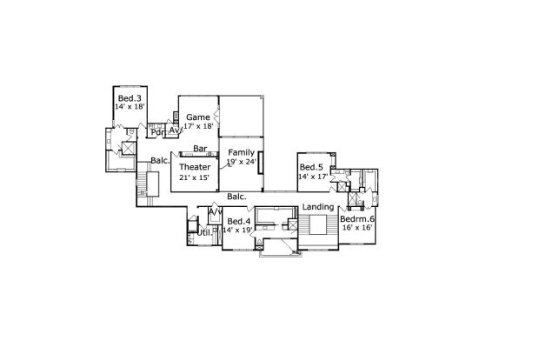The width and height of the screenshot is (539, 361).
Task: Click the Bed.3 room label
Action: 130,98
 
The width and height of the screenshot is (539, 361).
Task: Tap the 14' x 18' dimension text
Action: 130,107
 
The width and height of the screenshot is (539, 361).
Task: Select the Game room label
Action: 198,117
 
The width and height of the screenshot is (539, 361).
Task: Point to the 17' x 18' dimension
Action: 199,126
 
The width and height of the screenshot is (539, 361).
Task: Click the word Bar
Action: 200,149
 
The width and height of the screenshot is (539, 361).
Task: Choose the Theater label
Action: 195,167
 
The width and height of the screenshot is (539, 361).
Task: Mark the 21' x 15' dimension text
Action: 194,177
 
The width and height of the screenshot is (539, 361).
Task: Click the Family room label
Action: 242,152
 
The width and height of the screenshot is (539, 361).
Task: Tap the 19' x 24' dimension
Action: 242,162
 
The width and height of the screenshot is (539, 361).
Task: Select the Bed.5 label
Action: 311,167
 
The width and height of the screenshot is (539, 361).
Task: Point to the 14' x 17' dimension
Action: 314,177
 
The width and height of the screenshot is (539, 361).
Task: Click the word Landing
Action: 318,207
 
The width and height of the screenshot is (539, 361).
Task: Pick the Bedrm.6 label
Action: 357,219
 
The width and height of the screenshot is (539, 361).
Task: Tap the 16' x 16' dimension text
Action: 358,228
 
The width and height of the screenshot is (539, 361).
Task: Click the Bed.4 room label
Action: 239,221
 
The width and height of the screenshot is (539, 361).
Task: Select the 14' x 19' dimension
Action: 238,230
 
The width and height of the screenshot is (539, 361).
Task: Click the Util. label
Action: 204,233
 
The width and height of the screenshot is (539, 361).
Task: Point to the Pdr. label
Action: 156,132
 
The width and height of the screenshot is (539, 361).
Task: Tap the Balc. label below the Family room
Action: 236,197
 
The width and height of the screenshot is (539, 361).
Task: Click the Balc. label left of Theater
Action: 160,160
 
